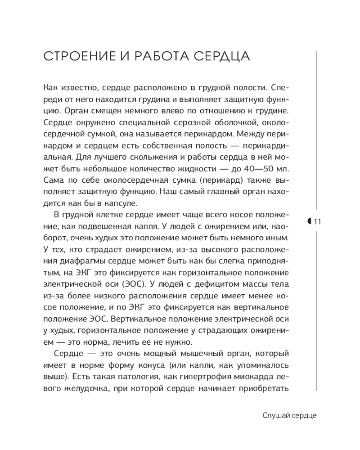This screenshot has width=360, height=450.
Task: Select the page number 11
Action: click(x=317, y=221)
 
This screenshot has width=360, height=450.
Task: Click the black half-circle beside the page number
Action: click(x=310, y=221)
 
